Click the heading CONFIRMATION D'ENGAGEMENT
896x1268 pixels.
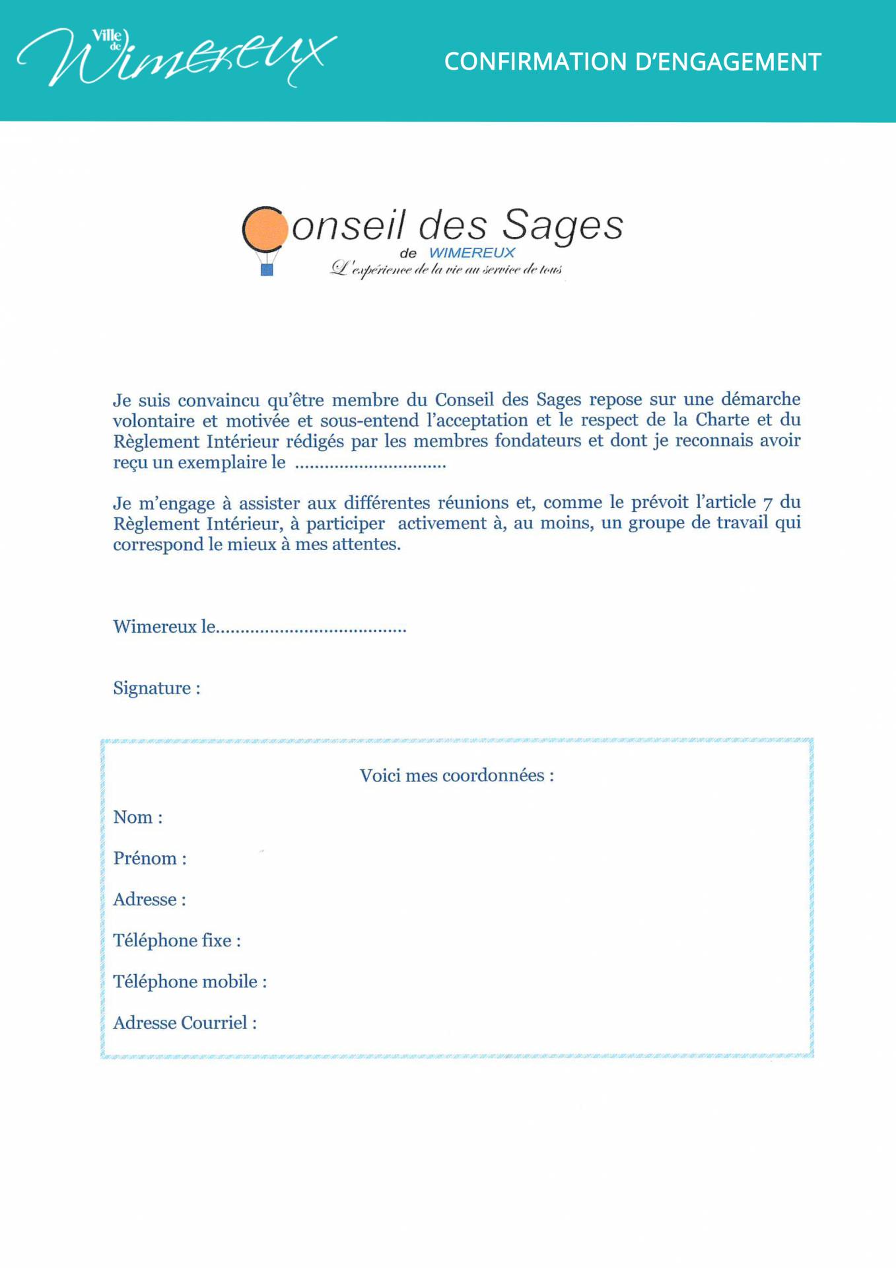(x=632, y=62)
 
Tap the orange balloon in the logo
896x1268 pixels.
(x=265, y=229)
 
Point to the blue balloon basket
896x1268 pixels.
(x=267, y=269)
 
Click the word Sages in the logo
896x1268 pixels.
(x=563, y=226)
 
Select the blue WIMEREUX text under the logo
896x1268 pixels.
(x=471, y=253)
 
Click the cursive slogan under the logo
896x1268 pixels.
(x=446, y=269)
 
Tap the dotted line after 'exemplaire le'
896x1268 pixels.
(x=370, y=465)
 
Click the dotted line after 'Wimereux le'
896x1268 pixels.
(x=311, y=629)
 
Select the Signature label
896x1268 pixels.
(x=156, y=688)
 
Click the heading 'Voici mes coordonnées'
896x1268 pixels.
(x=456, y=775)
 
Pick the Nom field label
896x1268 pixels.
(x=137, y=818)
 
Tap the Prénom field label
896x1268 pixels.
(x=150, y=859)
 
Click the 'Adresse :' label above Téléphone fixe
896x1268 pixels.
(x=149, y=899)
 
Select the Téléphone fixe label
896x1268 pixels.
(x=176, y=940)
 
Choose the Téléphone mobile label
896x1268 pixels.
(x=190, y=982)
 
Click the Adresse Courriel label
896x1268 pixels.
(x=185, y=1023)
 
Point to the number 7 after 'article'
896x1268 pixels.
(x=767, y=504)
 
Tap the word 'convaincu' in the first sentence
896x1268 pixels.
(x=219, y=401)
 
